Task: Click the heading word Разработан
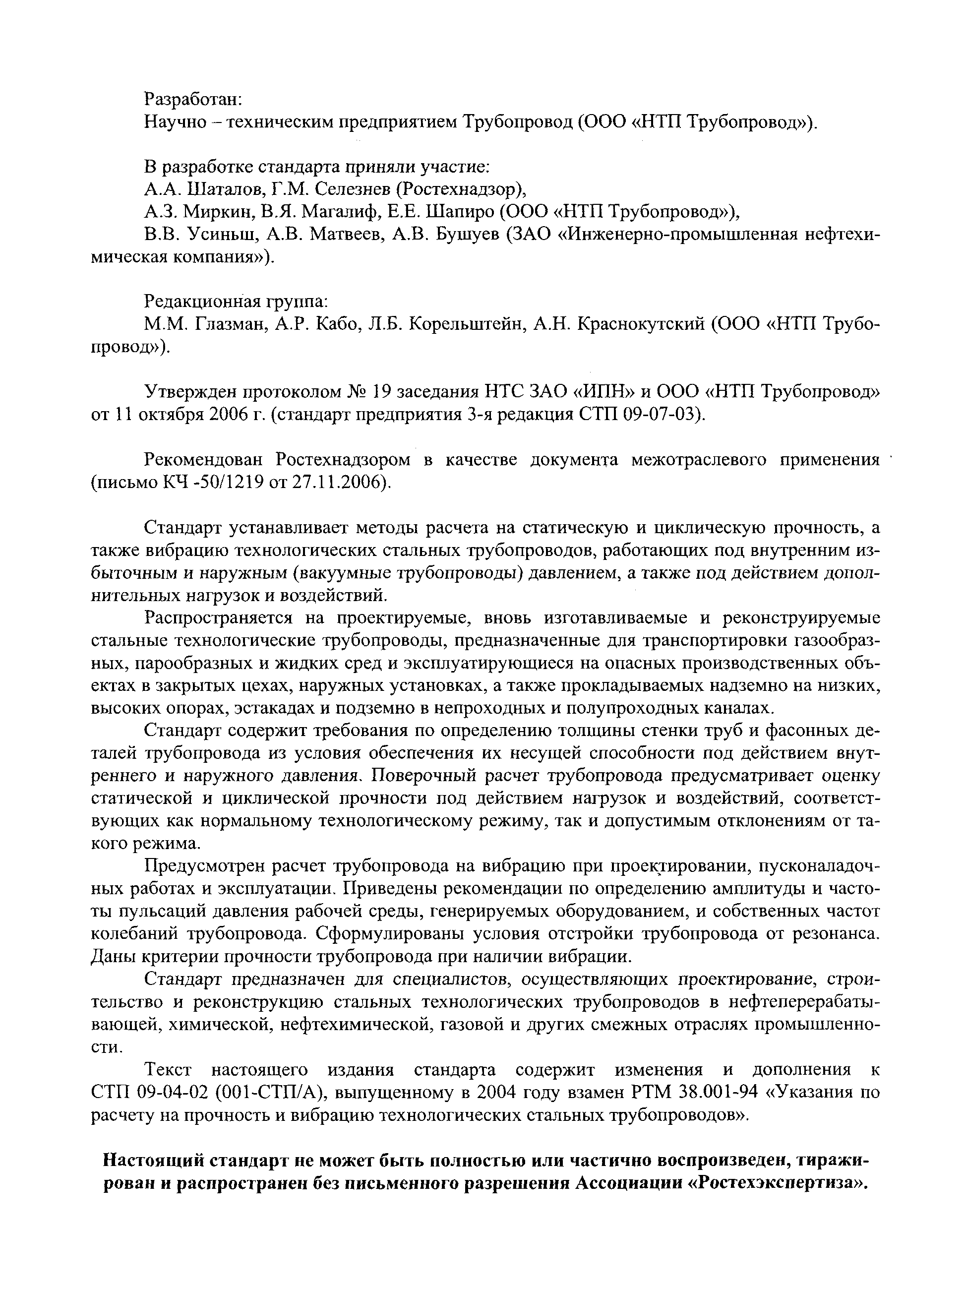pos(189,99)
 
